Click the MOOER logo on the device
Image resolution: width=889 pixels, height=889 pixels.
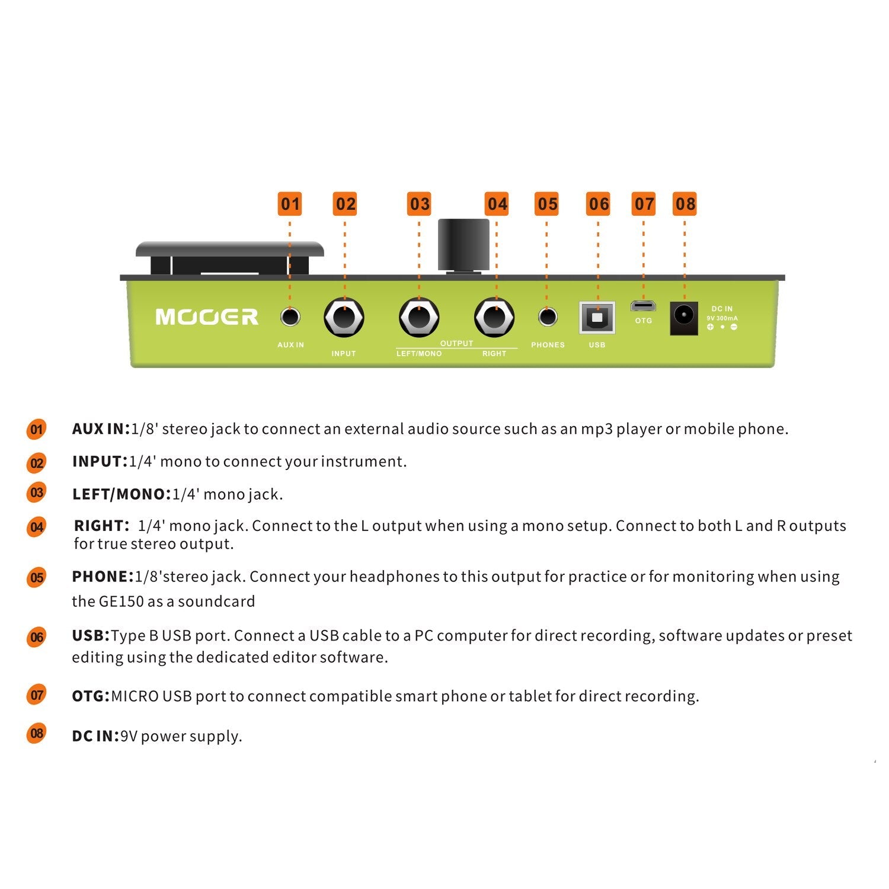click(x=207, y=317)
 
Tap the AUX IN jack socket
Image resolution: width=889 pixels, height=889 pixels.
click(x=290, y=317)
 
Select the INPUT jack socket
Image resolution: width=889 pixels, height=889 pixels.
click(x=344, y=318)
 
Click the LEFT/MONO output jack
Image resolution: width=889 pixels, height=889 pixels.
click(x=419, y=318)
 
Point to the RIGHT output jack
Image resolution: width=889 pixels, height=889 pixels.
click(x=494, y=318)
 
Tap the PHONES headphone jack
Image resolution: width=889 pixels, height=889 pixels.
click(x=548, y=317)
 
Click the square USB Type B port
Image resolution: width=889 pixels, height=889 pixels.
click(x=597, y=318)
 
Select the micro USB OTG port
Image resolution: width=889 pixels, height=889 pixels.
click(x=643, y=306)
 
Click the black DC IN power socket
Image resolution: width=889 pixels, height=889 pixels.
click(x=683, y=318)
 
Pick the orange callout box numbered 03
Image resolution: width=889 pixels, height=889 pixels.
click(x=420, y=204)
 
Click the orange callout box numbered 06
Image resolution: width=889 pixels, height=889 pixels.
click(x=599, y=204)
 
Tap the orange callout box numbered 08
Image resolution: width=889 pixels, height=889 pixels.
click(x=685, y=204)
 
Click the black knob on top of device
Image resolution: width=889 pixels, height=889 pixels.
click(x=463, y=245)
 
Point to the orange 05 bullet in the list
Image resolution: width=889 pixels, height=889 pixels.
click(x=37, y=578)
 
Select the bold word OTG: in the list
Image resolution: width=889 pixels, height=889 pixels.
click(x=91, y=696)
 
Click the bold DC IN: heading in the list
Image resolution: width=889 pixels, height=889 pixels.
click(x=95, y=736)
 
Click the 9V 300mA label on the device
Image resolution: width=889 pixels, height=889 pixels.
click(x=722, y=318)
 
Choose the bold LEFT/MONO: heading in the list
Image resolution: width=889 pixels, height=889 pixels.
click(x=121, y=494)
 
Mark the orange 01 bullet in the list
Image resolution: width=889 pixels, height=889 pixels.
click(x=37, y=430)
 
